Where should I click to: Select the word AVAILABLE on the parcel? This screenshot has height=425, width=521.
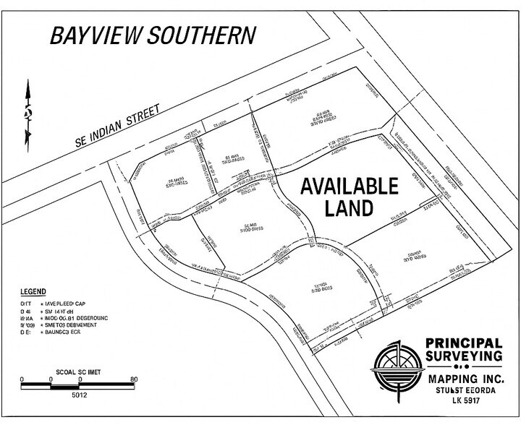tap(349, 185)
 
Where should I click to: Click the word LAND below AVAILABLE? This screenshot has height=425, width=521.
tap(349, 207)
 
